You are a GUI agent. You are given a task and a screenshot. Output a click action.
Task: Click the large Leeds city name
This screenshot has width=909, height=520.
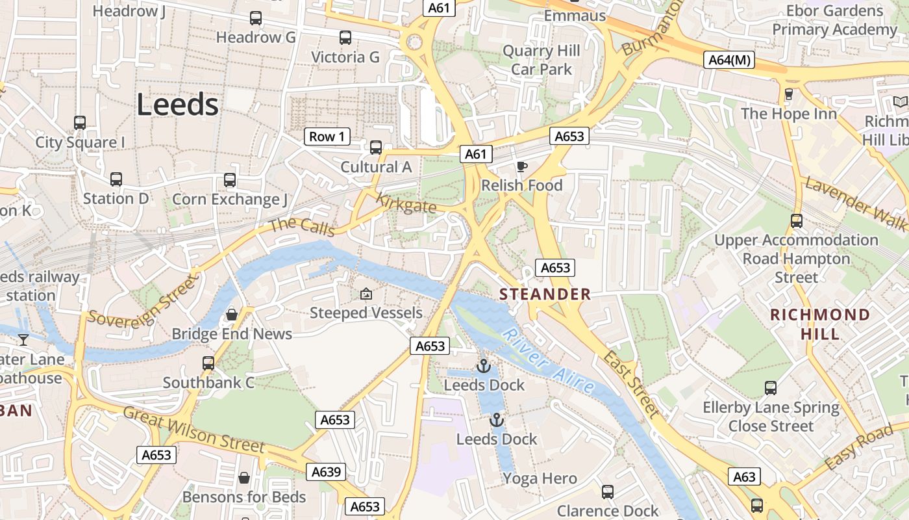tap(177, 104)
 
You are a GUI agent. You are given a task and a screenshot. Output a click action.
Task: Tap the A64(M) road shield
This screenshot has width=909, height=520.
tap(729, 60)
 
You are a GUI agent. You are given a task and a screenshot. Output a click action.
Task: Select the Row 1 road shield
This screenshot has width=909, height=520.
tap(327, 136)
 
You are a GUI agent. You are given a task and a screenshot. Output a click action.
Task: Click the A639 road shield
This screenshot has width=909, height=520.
tap(326, 472)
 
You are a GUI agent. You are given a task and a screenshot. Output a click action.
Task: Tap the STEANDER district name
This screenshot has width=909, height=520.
tap(545, 294)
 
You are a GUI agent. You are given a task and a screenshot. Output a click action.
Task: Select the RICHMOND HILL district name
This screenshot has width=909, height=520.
tap(819, 324)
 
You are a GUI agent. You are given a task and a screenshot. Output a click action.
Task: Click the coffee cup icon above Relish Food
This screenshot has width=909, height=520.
tap(521, 167)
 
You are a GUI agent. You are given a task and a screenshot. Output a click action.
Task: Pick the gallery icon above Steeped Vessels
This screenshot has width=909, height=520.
tap(366, 294)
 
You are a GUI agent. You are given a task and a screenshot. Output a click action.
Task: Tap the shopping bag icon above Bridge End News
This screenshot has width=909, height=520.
tap(232, 315)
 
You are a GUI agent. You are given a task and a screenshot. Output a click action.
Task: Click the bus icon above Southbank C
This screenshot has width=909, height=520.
tap(208, 363)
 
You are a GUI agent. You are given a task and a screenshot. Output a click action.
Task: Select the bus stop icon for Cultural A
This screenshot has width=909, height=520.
tap(376, 148)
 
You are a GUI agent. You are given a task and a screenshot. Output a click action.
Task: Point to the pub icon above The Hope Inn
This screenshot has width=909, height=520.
tap(789, 94)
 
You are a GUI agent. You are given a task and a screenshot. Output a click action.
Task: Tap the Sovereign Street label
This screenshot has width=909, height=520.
tap(142, 301)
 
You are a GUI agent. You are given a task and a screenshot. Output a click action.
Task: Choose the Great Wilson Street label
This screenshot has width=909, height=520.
tap(193, 430)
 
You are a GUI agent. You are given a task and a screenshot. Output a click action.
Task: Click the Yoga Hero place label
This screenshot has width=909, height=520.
tap(540, 479)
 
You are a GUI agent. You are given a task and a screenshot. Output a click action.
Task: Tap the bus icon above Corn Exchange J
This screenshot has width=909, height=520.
tap(230, 180)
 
